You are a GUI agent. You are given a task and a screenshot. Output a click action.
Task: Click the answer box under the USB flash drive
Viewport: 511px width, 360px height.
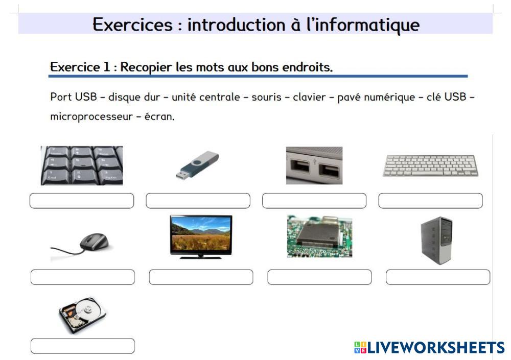(x=198, y=201)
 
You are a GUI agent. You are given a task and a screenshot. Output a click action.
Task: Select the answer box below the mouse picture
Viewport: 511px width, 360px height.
(x=82, y=277)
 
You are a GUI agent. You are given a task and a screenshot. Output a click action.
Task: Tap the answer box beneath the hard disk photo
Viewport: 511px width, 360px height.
(x=82, y=346)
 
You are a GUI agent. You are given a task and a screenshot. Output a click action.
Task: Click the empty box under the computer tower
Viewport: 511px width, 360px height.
(x=438, y=277)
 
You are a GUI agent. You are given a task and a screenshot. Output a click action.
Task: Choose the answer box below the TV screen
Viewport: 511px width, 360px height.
(x=201, y=277)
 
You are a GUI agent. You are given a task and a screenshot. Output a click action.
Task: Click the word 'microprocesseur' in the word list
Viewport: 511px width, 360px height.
(x=91, y=116)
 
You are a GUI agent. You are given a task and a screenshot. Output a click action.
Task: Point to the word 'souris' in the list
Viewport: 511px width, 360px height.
(x=266, y=97)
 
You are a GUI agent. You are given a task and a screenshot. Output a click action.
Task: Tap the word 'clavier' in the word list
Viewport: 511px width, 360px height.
(x=309, y=97)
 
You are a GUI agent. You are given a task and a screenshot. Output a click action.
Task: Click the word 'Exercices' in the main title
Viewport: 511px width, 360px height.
(x=132, y=25)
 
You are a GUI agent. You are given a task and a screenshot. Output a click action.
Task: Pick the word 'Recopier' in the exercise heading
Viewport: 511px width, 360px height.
(x=146, y=67)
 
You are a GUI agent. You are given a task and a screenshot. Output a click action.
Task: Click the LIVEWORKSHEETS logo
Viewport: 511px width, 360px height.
(x=429, y=348)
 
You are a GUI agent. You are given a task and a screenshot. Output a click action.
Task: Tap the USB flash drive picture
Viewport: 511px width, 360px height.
(x=197, y=165)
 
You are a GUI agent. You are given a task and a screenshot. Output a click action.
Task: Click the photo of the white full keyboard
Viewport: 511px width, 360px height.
(x=430, y=165)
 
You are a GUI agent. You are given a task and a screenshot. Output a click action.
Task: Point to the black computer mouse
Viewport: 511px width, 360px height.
(x=94, y=242)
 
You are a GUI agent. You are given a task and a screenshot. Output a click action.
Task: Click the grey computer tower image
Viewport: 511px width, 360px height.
(x=436, y=241)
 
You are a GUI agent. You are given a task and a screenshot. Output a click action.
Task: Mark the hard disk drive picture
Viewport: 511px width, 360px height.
(x=82, y=315)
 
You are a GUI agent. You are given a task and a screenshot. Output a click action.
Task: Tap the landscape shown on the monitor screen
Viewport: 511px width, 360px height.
(x=201, y=234)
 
